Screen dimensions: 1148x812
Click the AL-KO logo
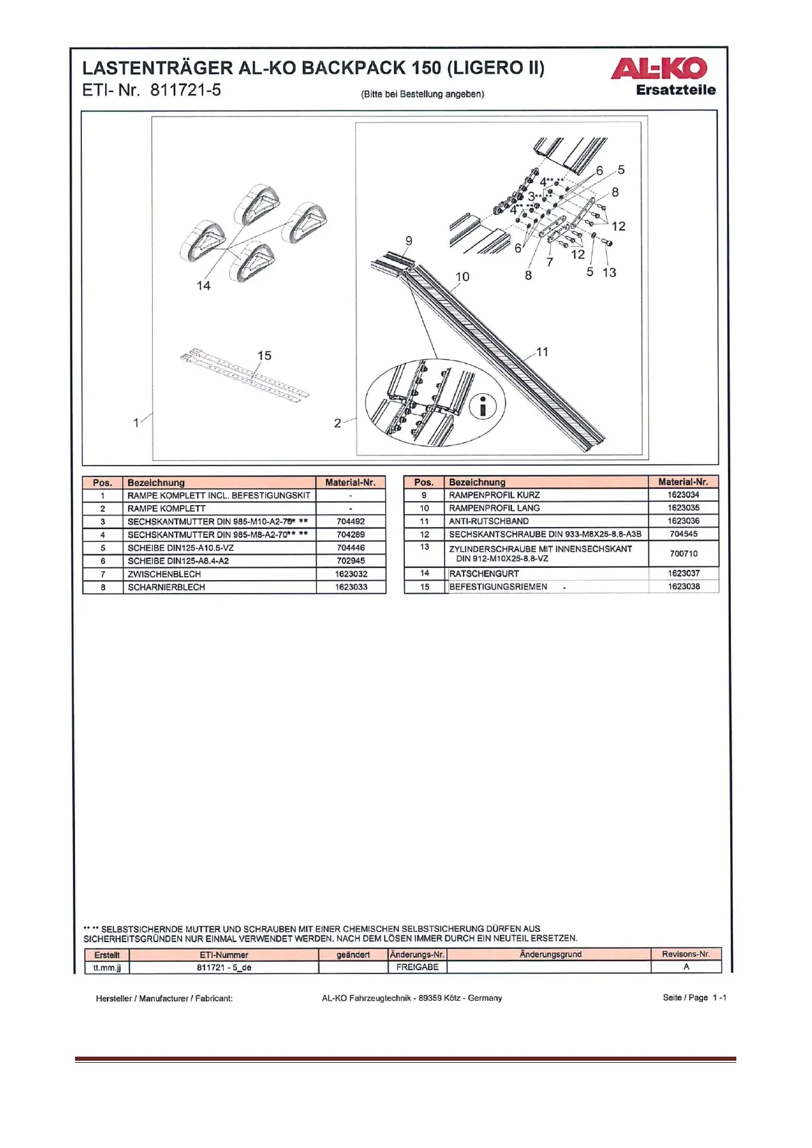tap(659, 68)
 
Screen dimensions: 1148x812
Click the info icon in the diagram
tap(483, 407)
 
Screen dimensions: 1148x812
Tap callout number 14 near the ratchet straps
tap(203, 286)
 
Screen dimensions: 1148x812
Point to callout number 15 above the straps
tap(264, 356)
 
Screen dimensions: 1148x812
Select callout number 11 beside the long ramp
tap(542, 352)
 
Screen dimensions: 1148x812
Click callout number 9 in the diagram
tap(408, 241)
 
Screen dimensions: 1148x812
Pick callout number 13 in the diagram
tap(609, 273)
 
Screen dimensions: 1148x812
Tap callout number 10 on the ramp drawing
tap(462, 277)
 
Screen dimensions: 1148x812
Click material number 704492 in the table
tap(350, 522)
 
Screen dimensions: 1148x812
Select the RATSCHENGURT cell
tap(484, 573)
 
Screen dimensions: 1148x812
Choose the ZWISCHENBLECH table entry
tap(164, 574)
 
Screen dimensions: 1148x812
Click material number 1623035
tap(683, 508)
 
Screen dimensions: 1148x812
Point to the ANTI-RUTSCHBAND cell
tap(489, 521)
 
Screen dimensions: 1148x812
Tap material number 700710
tap(683, 554)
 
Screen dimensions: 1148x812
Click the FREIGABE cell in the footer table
tap(417, 967)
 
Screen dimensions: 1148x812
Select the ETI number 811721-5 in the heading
tap(185, 90)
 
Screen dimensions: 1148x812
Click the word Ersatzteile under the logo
tap(676, 90)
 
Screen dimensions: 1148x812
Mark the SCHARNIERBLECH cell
tap(166, 587)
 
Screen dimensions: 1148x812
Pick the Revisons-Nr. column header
tap(685, 954)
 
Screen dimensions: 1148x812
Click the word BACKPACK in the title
tap(354, 68)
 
